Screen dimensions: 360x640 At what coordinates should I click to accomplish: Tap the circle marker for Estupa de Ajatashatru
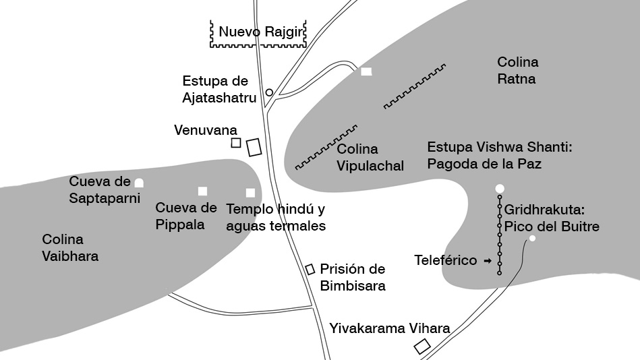269,92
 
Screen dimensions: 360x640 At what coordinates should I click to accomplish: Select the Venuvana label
205,129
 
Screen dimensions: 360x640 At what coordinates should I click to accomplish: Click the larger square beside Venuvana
254,147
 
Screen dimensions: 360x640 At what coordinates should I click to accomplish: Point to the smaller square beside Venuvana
236,142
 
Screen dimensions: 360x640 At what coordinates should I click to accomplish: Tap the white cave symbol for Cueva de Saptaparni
139,182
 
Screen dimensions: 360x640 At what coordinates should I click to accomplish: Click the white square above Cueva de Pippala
202,191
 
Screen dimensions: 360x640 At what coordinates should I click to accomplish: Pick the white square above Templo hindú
250,193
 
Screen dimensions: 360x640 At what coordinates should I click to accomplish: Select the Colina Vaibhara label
70,247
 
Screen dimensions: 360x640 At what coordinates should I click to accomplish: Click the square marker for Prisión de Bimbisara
310,269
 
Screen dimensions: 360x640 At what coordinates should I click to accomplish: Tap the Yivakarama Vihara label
390,329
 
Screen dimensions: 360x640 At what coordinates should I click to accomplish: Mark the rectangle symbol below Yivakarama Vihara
421,347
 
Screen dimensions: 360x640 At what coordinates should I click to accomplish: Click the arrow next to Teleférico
488,260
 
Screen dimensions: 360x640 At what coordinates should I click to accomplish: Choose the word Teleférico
445,260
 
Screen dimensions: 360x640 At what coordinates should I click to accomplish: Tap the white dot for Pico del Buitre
532,239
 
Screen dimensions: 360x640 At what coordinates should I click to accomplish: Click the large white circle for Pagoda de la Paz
500,188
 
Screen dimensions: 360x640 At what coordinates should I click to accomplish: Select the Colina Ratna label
517,71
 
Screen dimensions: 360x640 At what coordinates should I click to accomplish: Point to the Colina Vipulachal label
370,158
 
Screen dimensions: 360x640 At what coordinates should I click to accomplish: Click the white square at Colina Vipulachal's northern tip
366,71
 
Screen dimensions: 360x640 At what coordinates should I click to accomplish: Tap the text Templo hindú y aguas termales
276,218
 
